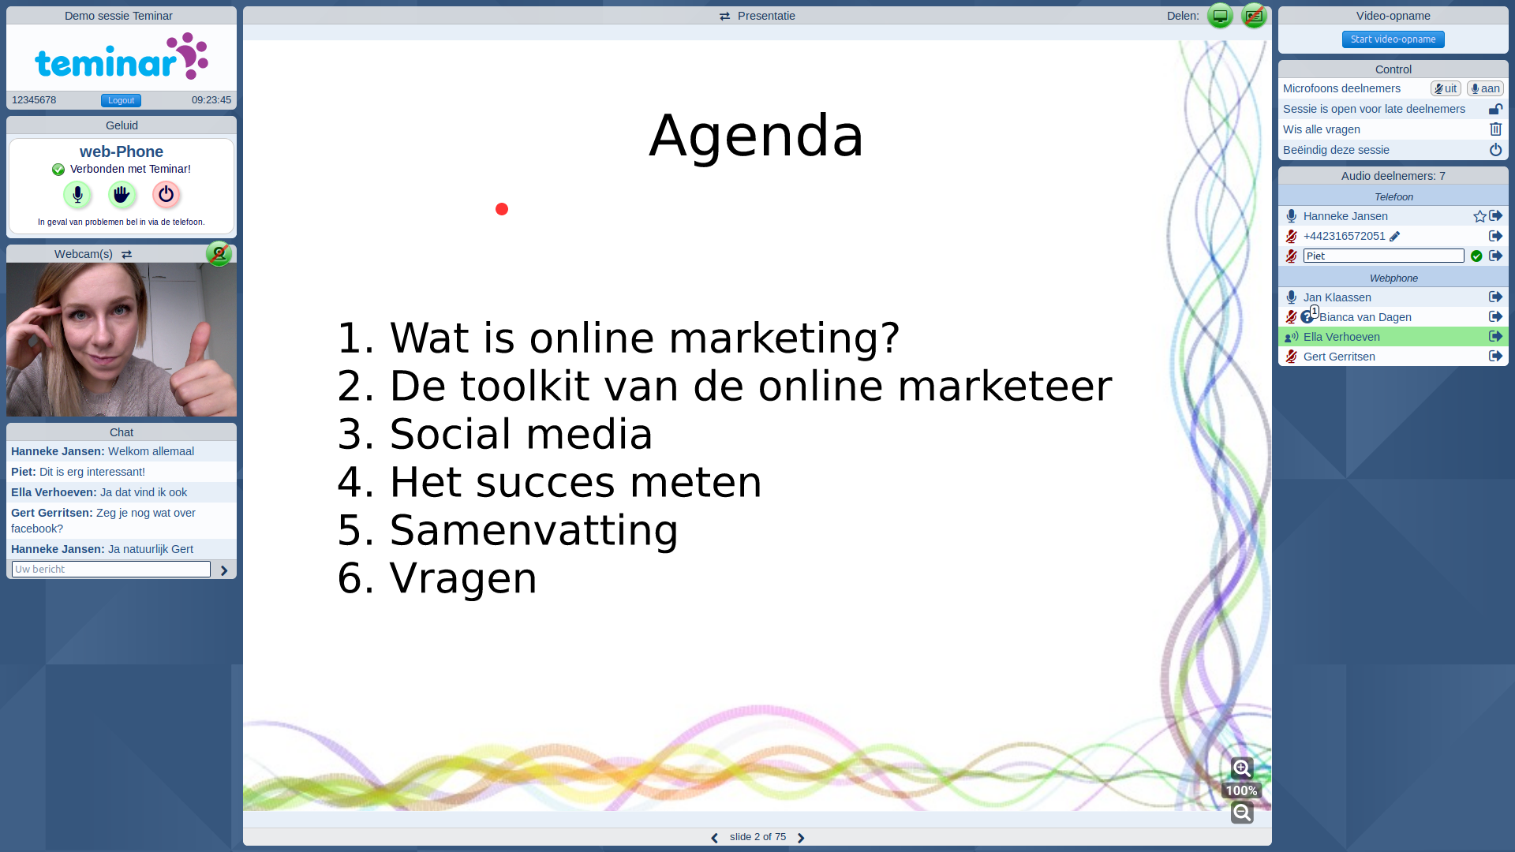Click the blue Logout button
click(121, 100)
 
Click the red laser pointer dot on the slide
click(502, 209)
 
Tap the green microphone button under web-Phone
click(77, 194)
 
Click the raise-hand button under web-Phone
click(122, 194)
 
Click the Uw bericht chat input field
click(111, 569)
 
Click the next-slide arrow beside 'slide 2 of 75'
click(801, 838)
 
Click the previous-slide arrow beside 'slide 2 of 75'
click(714, 838)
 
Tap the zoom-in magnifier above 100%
click(1242, 768)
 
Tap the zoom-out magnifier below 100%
click(1242, 813)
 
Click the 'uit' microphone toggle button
click(1446, 88)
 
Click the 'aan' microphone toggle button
click(1485, 88)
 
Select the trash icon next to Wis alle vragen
click(1495, 129)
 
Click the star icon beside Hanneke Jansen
click(1479, 216)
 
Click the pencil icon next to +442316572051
click(1395, 236)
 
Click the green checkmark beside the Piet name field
click(1476, 256)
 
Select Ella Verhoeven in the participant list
click(1341, 337)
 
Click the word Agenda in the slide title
click(757, 136)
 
